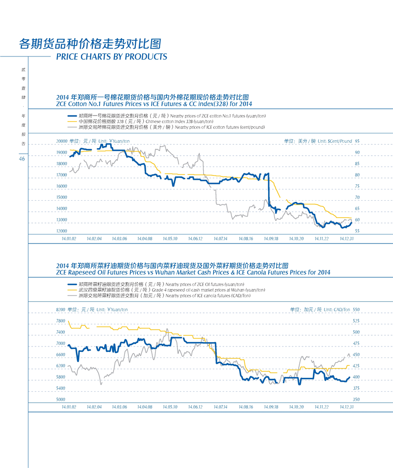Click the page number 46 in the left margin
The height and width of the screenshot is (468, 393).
[22, 159]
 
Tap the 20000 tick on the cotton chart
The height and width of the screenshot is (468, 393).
[62, 141]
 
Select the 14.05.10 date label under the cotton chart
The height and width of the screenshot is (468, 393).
[169, 238]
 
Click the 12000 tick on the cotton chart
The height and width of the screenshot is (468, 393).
[62, 231]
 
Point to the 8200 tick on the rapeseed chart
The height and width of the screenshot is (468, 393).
[60, 309]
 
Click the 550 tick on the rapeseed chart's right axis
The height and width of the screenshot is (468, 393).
[356, 309]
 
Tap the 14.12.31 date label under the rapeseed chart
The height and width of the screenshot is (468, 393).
[347, 407]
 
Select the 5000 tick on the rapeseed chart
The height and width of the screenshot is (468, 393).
[60, 399]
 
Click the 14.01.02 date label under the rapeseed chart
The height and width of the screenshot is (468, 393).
[69, 407]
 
